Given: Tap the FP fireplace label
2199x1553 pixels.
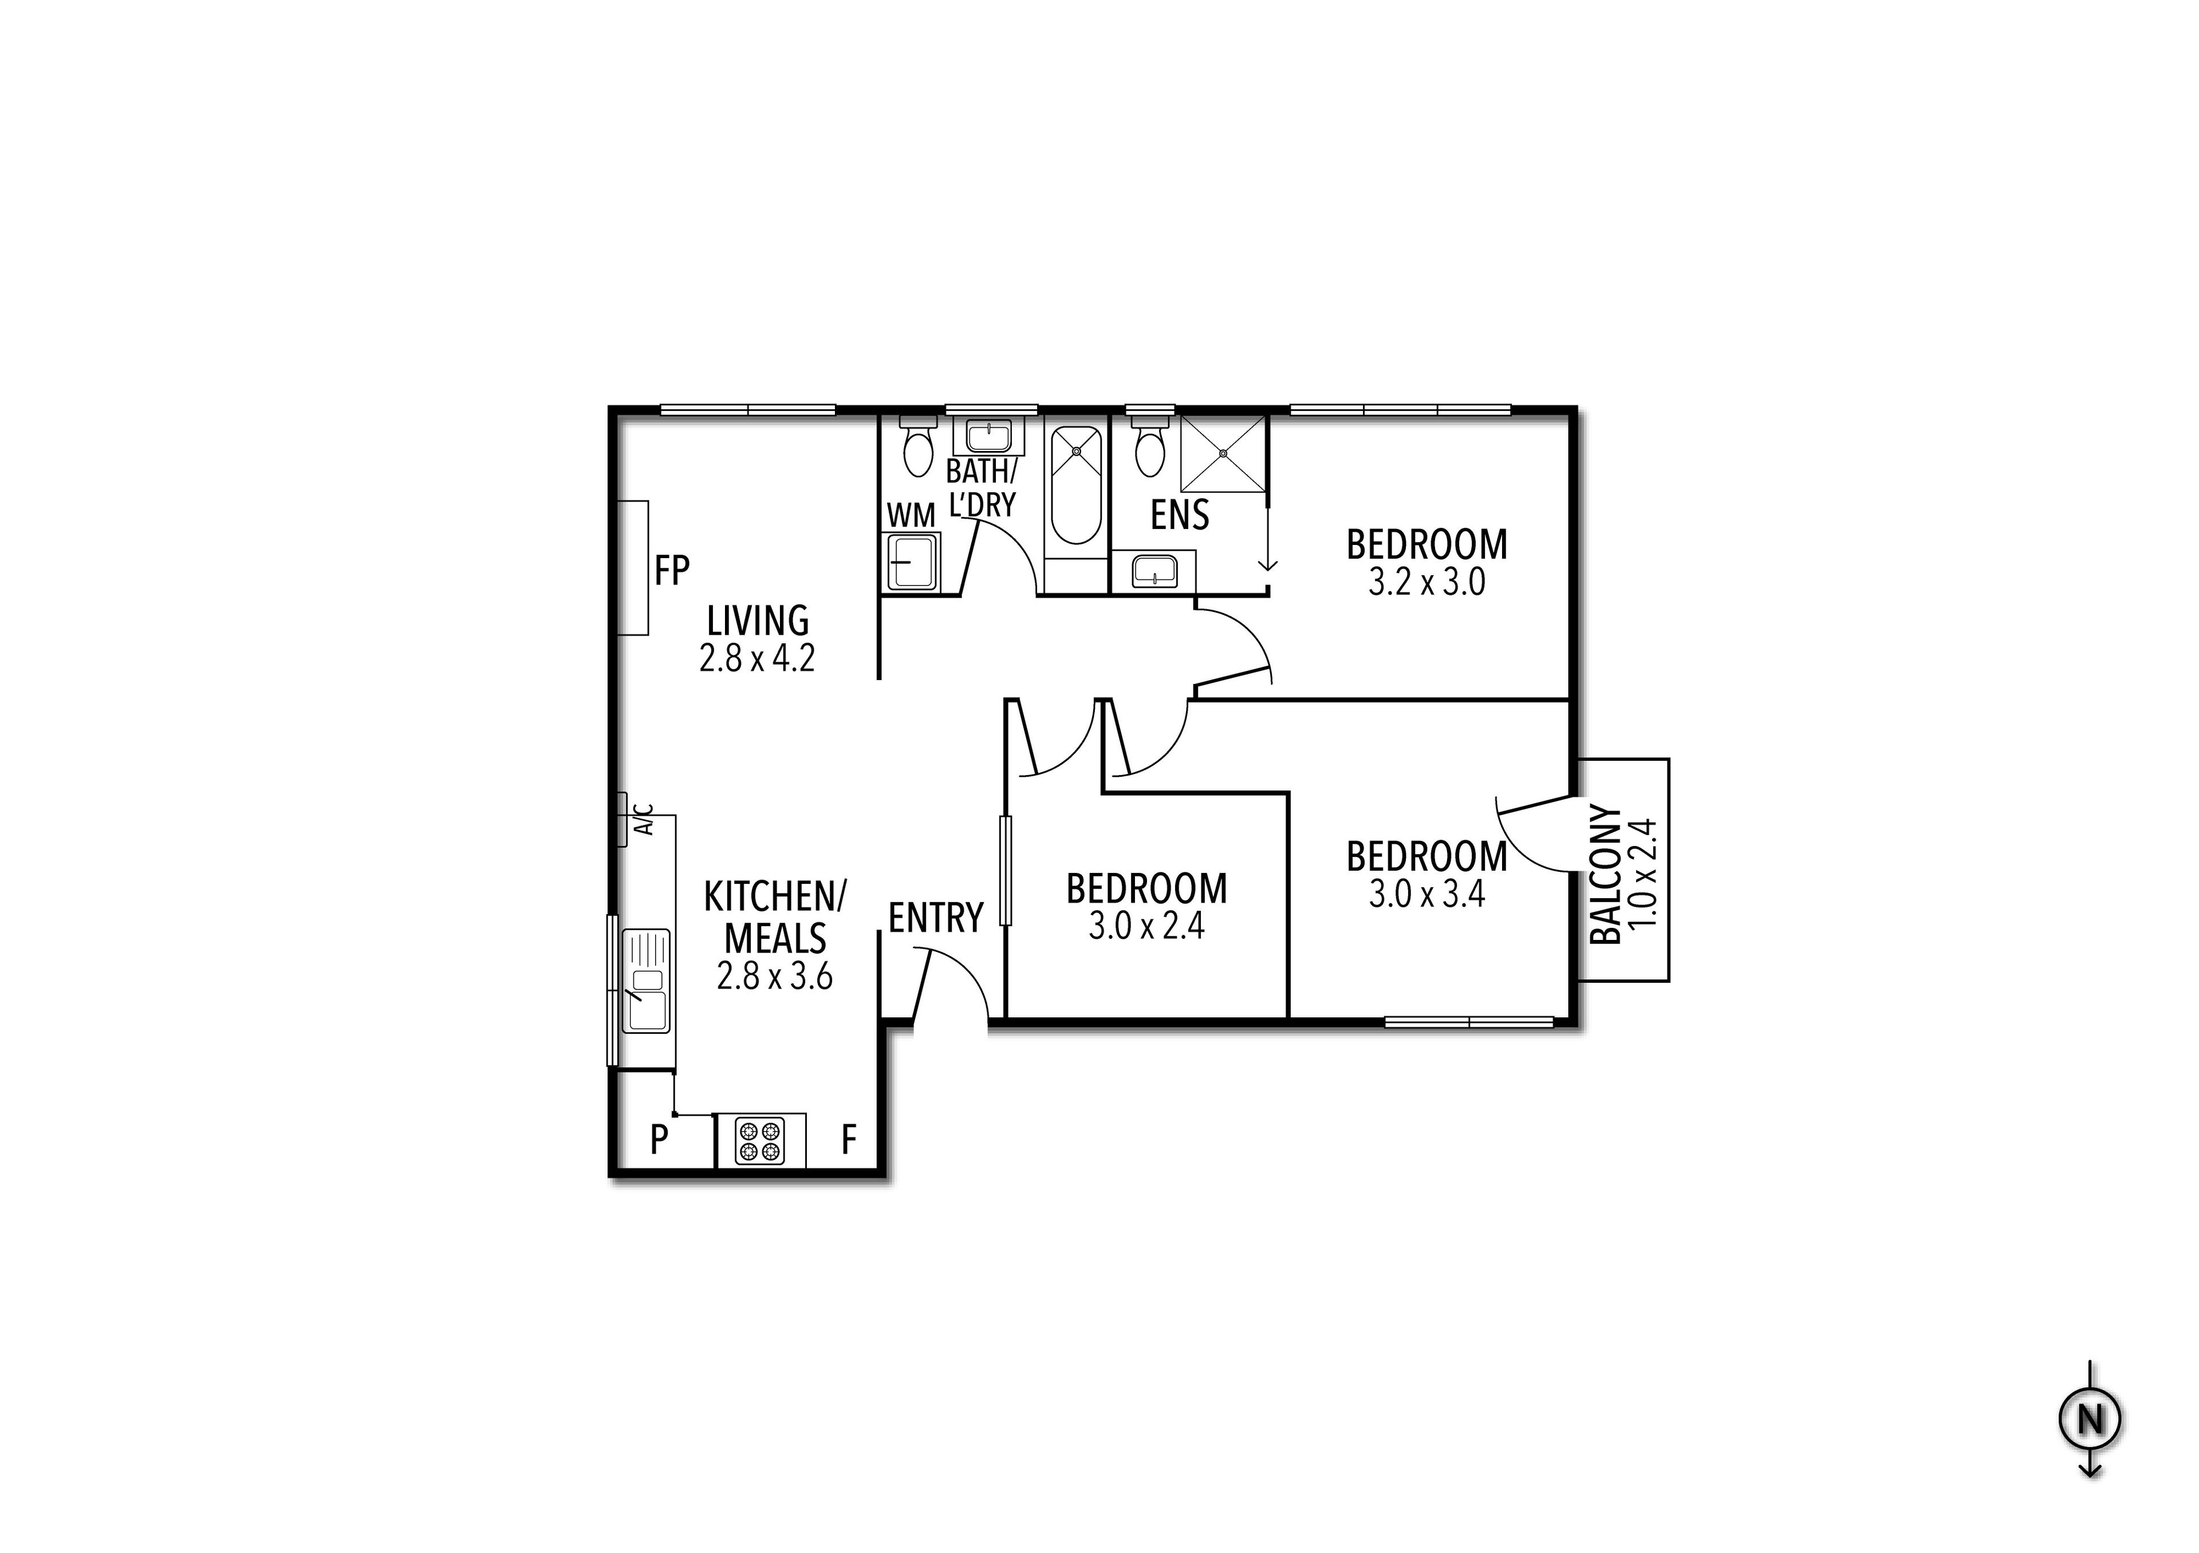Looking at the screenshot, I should [x=671, y=571].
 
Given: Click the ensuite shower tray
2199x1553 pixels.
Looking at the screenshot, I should [x=1223, y=453].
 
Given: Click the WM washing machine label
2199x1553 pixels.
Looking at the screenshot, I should [x=910, y=515].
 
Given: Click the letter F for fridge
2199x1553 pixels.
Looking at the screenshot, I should [x=848, y=1140].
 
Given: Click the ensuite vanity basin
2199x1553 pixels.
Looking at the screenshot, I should [x=1153, y=572].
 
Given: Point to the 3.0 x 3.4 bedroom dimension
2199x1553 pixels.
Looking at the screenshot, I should [x=1426, y=894].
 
